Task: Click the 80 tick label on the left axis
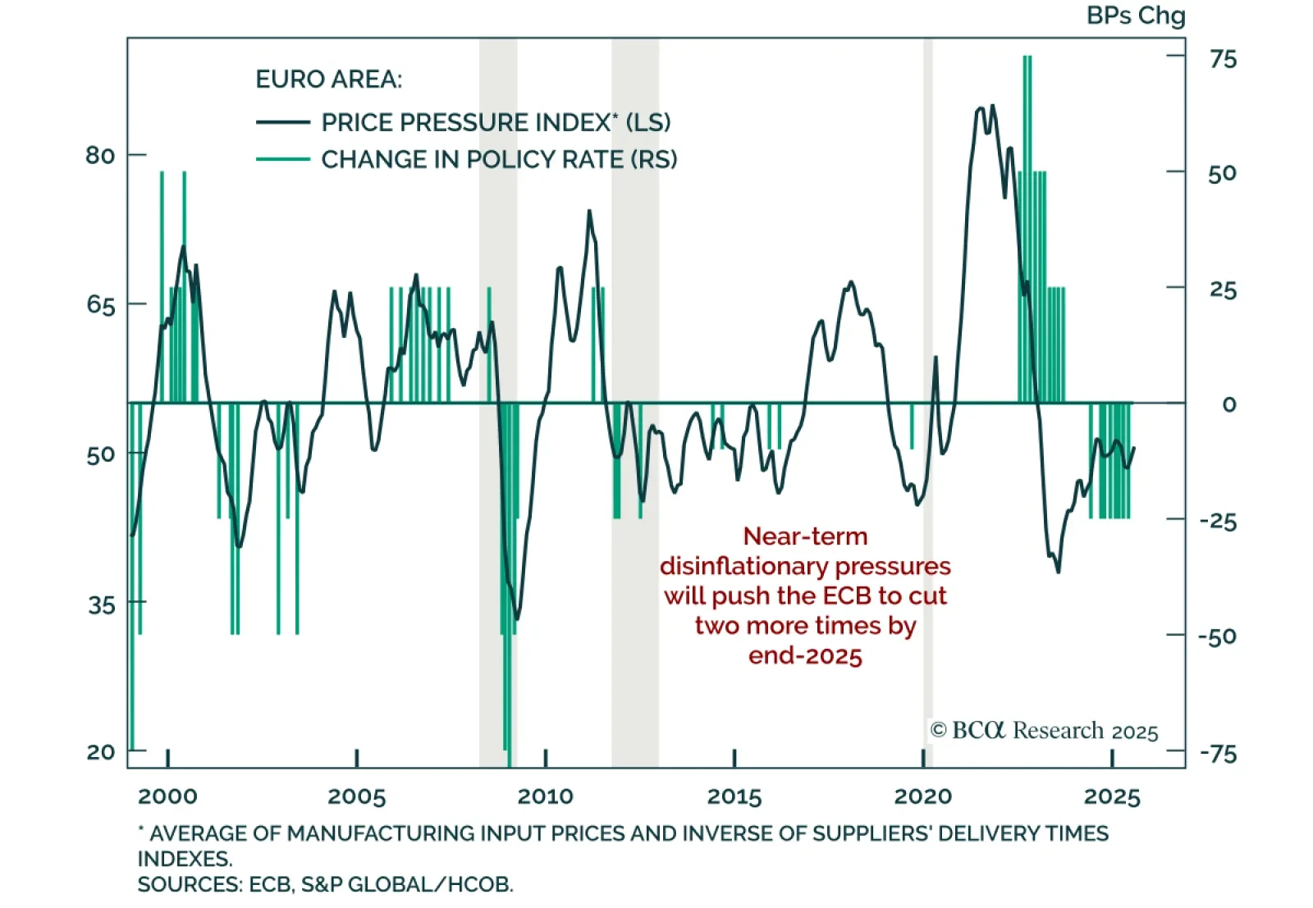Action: tap(100, 155)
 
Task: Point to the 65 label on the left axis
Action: tap(100, 305)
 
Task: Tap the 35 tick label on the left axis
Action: tap(102, 605)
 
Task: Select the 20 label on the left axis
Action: tap(101, 751)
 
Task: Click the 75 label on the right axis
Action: tap(1223, 59)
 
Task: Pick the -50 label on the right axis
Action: tap(1217, 637)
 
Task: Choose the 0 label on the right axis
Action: tap(1228, 404)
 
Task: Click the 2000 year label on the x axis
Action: tap(167, 796)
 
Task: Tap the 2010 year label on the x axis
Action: tap(546, 796)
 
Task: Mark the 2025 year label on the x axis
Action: tap(1112, 796)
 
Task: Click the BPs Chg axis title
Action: tap(1136, 16)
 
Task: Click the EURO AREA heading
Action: tap(329, 80)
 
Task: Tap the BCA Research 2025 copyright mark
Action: tap(1044, 730)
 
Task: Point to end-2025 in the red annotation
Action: tap(805, 656)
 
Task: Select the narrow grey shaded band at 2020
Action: tap(928, 246)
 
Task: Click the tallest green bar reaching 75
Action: tap(1027, 164)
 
